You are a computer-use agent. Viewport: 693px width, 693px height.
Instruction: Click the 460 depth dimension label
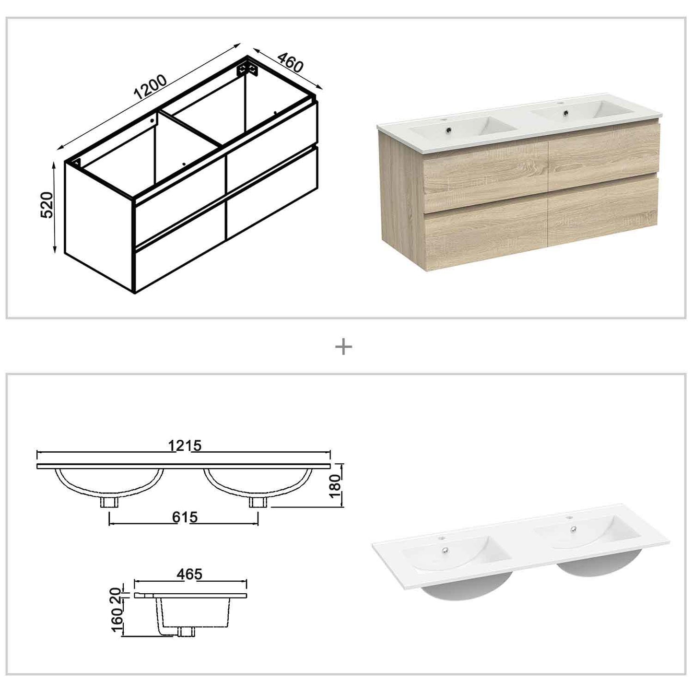pyautogui.click(x=290, y=62)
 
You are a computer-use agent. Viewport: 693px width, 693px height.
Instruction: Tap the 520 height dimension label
pyautogui.click(x=47, y=205)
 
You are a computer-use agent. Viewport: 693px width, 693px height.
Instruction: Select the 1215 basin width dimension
pyautogui.click(x=185, y=446)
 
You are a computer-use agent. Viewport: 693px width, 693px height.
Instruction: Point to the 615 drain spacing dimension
pyautogui.click(x=185, y=517)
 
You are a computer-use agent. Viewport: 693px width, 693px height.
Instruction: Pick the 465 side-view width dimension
pyautogui.click(x=189, y=574)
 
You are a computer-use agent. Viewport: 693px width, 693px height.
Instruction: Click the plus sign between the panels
pyautogui.click(x=343, y=347)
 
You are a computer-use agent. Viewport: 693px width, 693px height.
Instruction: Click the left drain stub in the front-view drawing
pyautogui.click(x=109, y=502)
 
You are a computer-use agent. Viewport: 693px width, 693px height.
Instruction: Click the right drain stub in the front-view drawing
pyautogui.click(x=258, y=502)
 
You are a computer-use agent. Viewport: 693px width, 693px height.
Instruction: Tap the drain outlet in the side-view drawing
pyautogui.click(x=186, y=632)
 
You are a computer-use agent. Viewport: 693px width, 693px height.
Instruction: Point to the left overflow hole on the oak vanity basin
pyautogui.click(x=449, y=129)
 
